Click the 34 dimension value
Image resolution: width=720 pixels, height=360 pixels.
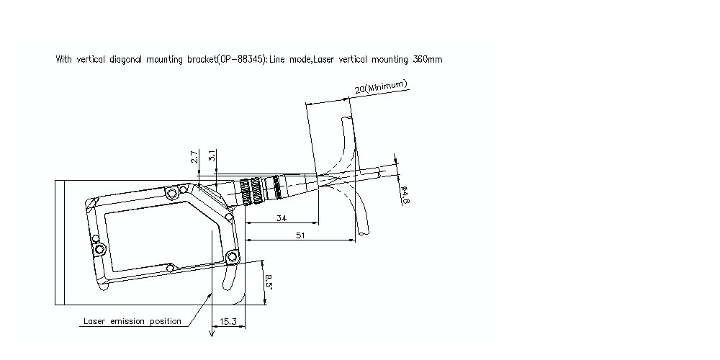(x=282, y=218)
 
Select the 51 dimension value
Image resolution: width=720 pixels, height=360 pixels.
(x=300, y=235)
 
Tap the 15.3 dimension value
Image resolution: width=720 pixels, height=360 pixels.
(x=228, y=321)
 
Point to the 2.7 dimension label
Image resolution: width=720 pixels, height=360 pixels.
(x=194, y=157)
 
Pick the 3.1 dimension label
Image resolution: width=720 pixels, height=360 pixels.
(x=212, y=156)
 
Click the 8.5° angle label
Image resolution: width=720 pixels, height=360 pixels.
(x=269, y=282)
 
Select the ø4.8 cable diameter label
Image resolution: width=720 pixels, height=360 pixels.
(x=405, y=194)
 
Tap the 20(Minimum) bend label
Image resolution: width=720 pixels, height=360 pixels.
(x=381, y=87)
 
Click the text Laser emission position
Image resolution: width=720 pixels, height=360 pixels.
(x=132, y=321)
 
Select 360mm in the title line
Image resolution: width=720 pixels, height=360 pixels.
(x=428, y=59)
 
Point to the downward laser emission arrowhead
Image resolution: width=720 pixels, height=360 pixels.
(x=212, y=333)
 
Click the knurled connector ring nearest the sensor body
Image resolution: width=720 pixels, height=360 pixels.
(x=245, y=192)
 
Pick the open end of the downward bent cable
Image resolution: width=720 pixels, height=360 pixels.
(x=363, y=233)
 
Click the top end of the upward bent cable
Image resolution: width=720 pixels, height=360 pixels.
(x=347, y=119)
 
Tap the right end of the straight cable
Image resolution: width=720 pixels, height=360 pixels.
(x=379, y=173)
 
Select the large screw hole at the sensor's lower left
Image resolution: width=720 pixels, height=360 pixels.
(x=99, y=250)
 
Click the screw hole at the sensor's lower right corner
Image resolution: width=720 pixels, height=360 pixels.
(x=233, y=256)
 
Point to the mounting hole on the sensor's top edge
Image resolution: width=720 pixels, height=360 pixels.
(x=172, y=194)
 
